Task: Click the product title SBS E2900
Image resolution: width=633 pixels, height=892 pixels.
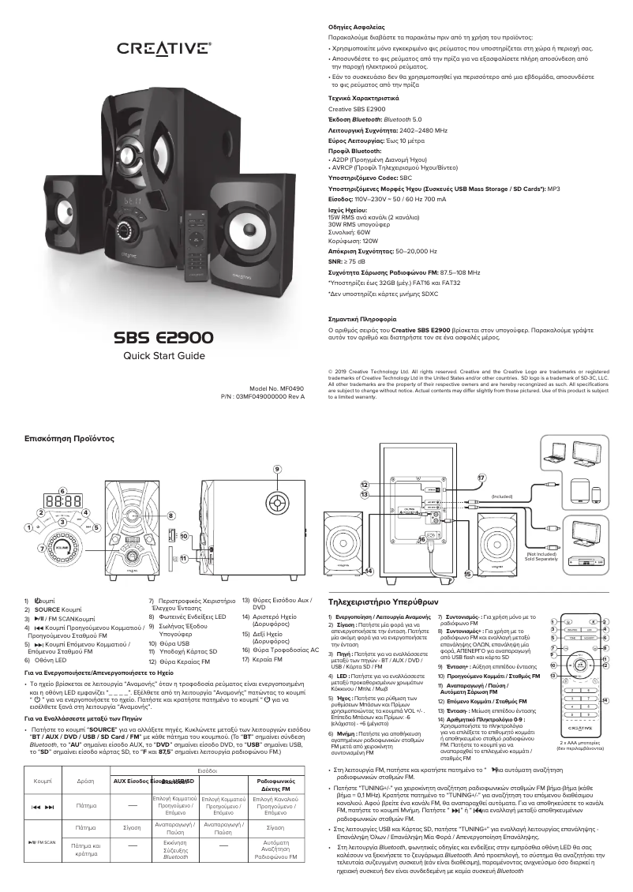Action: (x=163, y=337)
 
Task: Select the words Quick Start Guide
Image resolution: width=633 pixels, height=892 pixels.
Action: (x=163, y=356)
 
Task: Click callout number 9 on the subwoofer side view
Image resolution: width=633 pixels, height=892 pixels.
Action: (x=277, y=468)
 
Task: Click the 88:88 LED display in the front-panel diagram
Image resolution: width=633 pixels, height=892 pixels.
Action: (x=62, y=501)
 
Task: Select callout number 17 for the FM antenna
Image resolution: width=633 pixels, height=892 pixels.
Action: (x=481, y=478)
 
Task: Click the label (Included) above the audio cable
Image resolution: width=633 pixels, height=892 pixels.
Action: (x=502, y=496)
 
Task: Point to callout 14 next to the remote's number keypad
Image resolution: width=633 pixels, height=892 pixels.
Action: (x=604, y=677)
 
